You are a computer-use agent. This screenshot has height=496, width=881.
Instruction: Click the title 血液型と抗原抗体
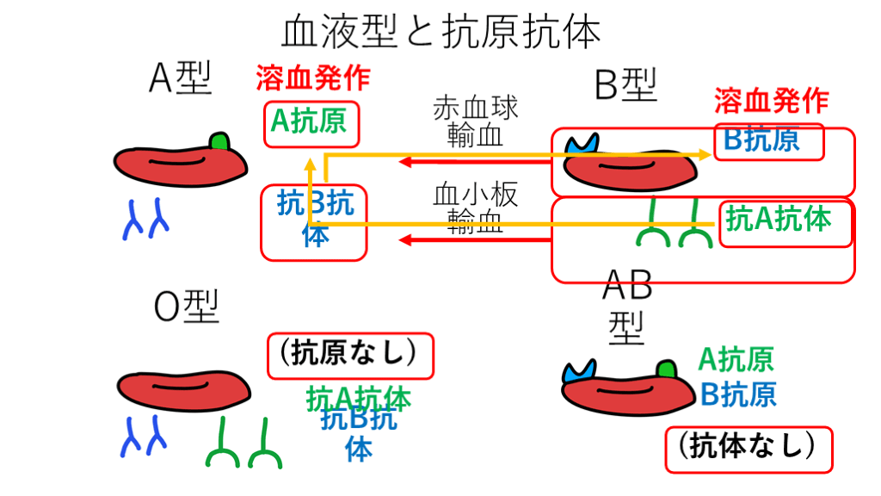(440, 34)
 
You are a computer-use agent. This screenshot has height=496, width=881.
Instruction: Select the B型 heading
(625, 85)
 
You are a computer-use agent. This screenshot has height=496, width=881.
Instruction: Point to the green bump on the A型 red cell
(220, 140)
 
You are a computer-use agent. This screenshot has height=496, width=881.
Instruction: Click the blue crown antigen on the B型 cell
(582, 143)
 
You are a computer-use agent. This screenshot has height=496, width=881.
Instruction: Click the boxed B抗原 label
(762, 140)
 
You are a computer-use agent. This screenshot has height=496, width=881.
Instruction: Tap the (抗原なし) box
(349, 355)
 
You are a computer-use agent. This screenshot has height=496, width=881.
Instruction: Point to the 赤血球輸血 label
(476, 121)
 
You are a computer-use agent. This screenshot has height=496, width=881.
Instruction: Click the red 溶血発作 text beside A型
(313, 78)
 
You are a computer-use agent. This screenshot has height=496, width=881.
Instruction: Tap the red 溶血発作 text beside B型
(772, 102)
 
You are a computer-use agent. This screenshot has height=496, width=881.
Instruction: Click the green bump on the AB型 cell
(666, 371)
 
